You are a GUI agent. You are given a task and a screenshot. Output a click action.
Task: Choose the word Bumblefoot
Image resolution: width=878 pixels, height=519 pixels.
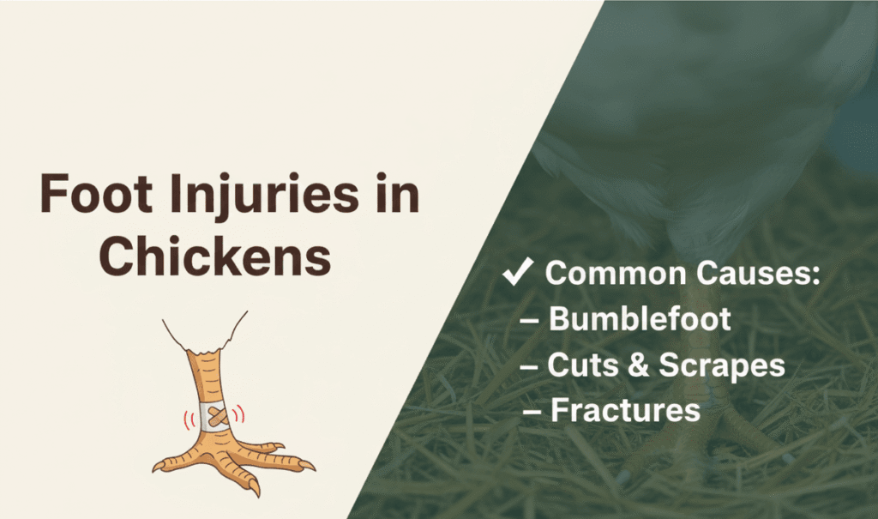(640, 320)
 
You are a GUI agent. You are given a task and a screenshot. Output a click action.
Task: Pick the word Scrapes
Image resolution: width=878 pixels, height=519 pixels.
(721, 366)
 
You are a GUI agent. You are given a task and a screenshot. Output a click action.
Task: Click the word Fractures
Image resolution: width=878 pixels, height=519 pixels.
(625, 410)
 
